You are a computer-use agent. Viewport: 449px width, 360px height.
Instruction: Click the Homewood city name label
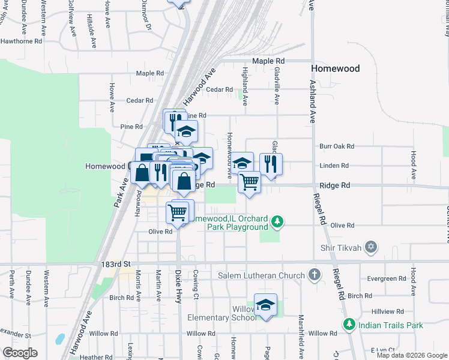pyautogui.click(x=336, y=68)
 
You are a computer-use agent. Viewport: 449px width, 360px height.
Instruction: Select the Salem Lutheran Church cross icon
pyautogui.click(x=314, y=275)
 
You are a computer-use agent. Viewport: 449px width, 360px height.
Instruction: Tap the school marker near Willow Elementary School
pyautogui.click(x=265, y=305)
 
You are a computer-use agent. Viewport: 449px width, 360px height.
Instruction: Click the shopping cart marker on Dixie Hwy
pyautogui.click(x=178, y=212)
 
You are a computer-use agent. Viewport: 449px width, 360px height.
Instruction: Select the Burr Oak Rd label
pyautogui.click(x=337, y=146)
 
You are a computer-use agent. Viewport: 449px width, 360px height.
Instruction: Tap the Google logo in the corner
pyautogui.click(x=20, y=353)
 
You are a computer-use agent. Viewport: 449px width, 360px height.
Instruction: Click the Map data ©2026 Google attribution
pyautogui.click(x=411, y=355)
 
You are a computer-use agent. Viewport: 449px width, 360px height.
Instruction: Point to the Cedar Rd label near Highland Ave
pyautogui.click(x=219, y=89)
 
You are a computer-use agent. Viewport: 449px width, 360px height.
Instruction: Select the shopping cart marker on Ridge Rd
pyautogui.click(x=249, y=181)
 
